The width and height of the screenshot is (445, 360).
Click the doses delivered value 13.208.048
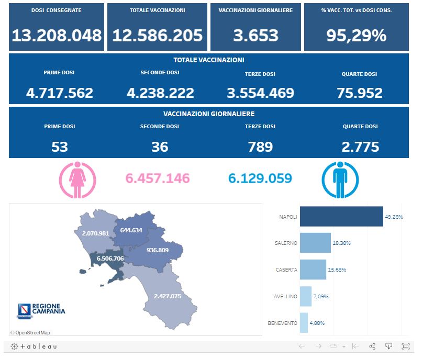pyautogui.click(x=57, y=36)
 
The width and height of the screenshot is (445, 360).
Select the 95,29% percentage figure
pyautogui.click(x=356, y=36)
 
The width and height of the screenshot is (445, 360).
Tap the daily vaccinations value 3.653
pyautogui.click(x=255, y=36)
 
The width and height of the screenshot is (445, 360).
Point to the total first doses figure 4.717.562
pyautogui.click(x=60, y=93)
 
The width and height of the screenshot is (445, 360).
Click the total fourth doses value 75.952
pyautogui.click(x=360, y=93)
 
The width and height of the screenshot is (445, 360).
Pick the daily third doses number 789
pyautogui.click(x=260, y=147)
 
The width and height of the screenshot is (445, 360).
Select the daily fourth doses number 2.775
pyautogui.click(x=360, y=147)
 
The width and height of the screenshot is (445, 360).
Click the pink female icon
pyautogui.click(x=77, y=179)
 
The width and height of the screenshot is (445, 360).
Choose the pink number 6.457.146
pyautogui.click(x=158, y=178)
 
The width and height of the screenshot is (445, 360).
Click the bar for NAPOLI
pyautogui.click(x=341, y=216)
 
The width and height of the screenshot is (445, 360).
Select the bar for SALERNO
pyautogui.click(x=315, y=243)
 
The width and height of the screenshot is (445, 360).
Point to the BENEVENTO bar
pyautogui.click(x=304, y=323)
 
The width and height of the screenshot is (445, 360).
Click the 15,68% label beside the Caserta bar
pyautogui.click(x=337, y=269)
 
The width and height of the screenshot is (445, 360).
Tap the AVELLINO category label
pyautogui.click(x=285, y=296)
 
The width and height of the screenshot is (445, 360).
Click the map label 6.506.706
pyautogui.click(x=110, y=258)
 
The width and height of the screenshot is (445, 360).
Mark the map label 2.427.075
pyautogui.click(x=168, y=296)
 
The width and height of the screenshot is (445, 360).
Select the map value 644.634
pyautogui.click(x=131, y=230)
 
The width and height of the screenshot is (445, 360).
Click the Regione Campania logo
pyautogui.click(x=41, y=310)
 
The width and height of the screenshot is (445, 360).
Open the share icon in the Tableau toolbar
pyautogui.click(x=372, y=346)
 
